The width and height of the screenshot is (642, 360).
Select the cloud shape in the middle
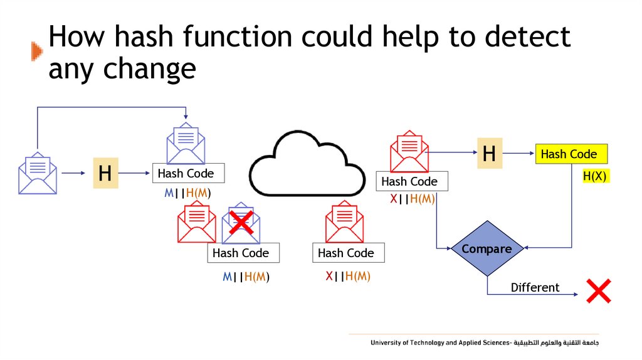pyautogui.click(x=307, y=164)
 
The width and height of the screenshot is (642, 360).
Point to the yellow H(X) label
pyautogui.click(x=594, y=176)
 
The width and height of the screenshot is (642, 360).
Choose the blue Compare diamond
pyautogui.click(x=487, y=249)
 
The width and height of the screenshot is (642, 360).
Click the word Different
pyautogui.click(x=535, y=288)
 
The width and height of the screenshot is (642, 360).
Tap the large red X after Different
pyautogui.click(x=598, y=292)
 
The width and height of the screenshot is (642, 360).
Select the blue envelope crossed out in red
pyautogui.click(x=241, y=223)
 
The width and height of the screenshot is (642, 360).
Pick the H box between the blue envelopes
pyautogui.click(x=105, y=173)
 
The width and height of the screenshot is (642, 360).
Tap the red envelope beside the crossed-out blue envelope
pyautogui.click(x=197, y=223)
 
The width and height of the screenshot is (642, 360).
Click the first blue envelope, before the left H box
pyautogui.click(x=38, y=173)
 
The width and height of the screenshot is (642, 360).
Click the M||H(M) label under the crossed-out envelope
pyautogui.click(x=250, y=277)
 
